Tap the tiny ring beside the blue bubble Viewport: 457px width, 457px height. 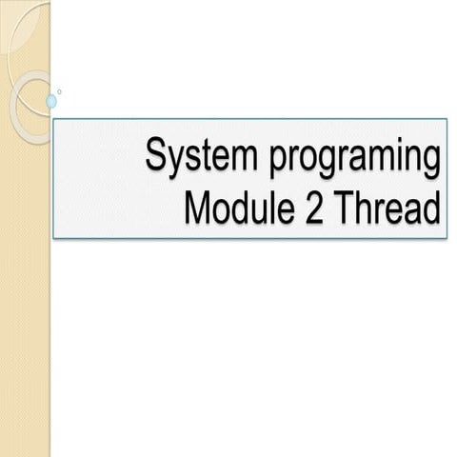61,92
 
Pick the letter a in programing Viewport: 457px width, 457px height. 362,158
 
